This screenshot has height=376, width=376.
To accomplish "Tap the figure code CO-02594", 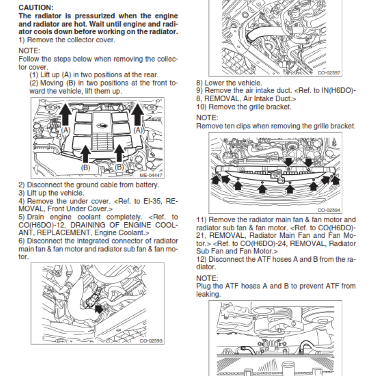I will [329, 210].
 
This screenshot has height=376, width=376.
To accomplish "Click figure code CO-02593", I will [151, 340].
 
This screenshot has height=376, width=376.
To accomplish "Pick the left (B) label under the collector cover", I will [86, 167].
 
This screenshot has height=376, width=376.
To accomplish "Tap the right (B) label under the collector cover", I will [119, 167].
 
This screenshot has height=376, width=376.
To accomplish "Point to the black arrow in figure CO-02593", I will [99, 309].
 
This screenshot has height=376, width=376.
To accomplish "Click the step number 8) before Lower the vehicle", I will [200, 83].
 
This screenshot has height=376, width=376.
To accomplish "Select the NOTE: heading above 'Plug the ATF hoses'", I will [207, 278].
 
